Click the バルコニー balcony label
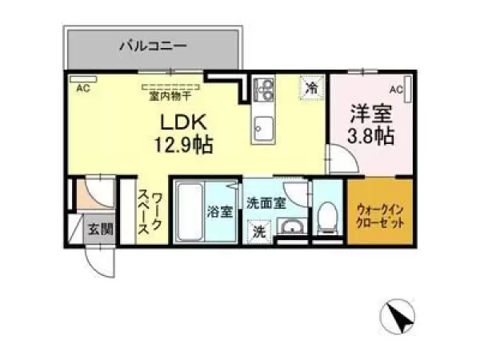click(153, 46)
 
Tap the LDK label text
click(184, 122)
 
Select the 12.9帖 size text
click(184, 145)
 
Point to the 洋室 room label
click(371, 114)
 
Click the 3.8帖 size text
click(370, 136)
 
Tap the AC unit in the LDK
click(83, 79)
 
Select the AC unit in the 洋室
click(408, 89)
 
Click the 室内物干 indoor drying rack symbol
click(171, 87)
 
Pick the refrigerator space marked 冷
click(312, 88)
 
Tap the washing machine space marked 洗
click(259, 232)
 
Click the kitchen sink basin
click(263, 129)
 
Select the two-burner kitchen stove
click(263, 89)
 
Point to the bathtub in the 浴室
click(190, 212)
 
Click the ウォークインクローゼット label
click(379, 217)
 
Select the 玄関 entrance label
click(101, 229)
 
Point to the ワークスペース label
click(150, 214)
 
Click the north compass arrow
click(398, 317)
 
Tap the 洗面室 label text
click(266, 203)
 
